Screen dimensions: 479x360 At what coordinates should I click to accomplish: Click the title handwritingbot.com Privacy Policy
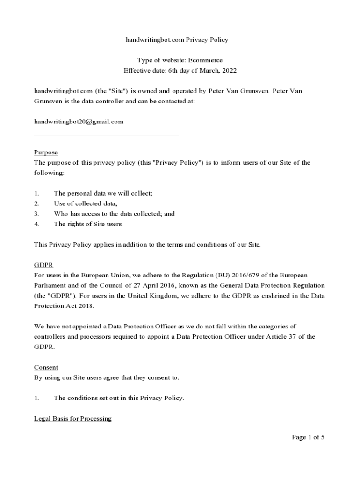coord(177,40)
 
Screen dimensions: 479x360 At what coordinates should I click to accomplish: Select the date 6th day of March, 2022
coord(194,71)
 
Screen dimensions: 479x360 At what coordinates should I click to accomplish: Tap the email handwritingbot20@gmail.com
coord(79,122)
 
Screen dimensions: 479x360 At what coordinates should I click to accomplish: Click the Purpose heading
coord(46,152)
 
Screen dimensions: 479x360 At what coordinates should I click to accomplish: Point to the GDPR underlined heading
coord(44,265)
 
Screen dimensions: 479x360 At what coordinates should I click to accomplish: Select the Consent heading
coord(46,368)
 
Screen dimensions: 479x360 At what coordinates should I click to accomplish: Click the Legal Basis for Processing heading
coord(72,419)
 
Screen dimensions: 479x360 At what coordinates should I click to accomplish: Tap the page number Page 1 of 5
coord(308,437)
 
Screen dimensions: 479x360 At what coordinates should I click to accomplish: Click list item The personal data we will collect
coord(103,193)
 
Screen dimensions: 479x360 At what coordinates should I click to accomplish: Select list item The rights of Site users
coord(88,224)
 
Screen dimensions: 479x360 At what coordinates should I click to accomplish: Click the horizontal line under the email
coord(107,135)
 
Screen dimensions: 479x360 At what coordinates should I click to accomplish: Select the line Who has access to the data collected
coord(114,214)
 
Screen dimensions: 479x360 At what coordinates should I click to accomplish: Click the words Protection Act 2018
coord(64,306)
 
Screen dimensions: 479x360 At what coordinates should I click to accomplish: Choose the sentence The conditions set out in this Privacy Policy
coord(119,399)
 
